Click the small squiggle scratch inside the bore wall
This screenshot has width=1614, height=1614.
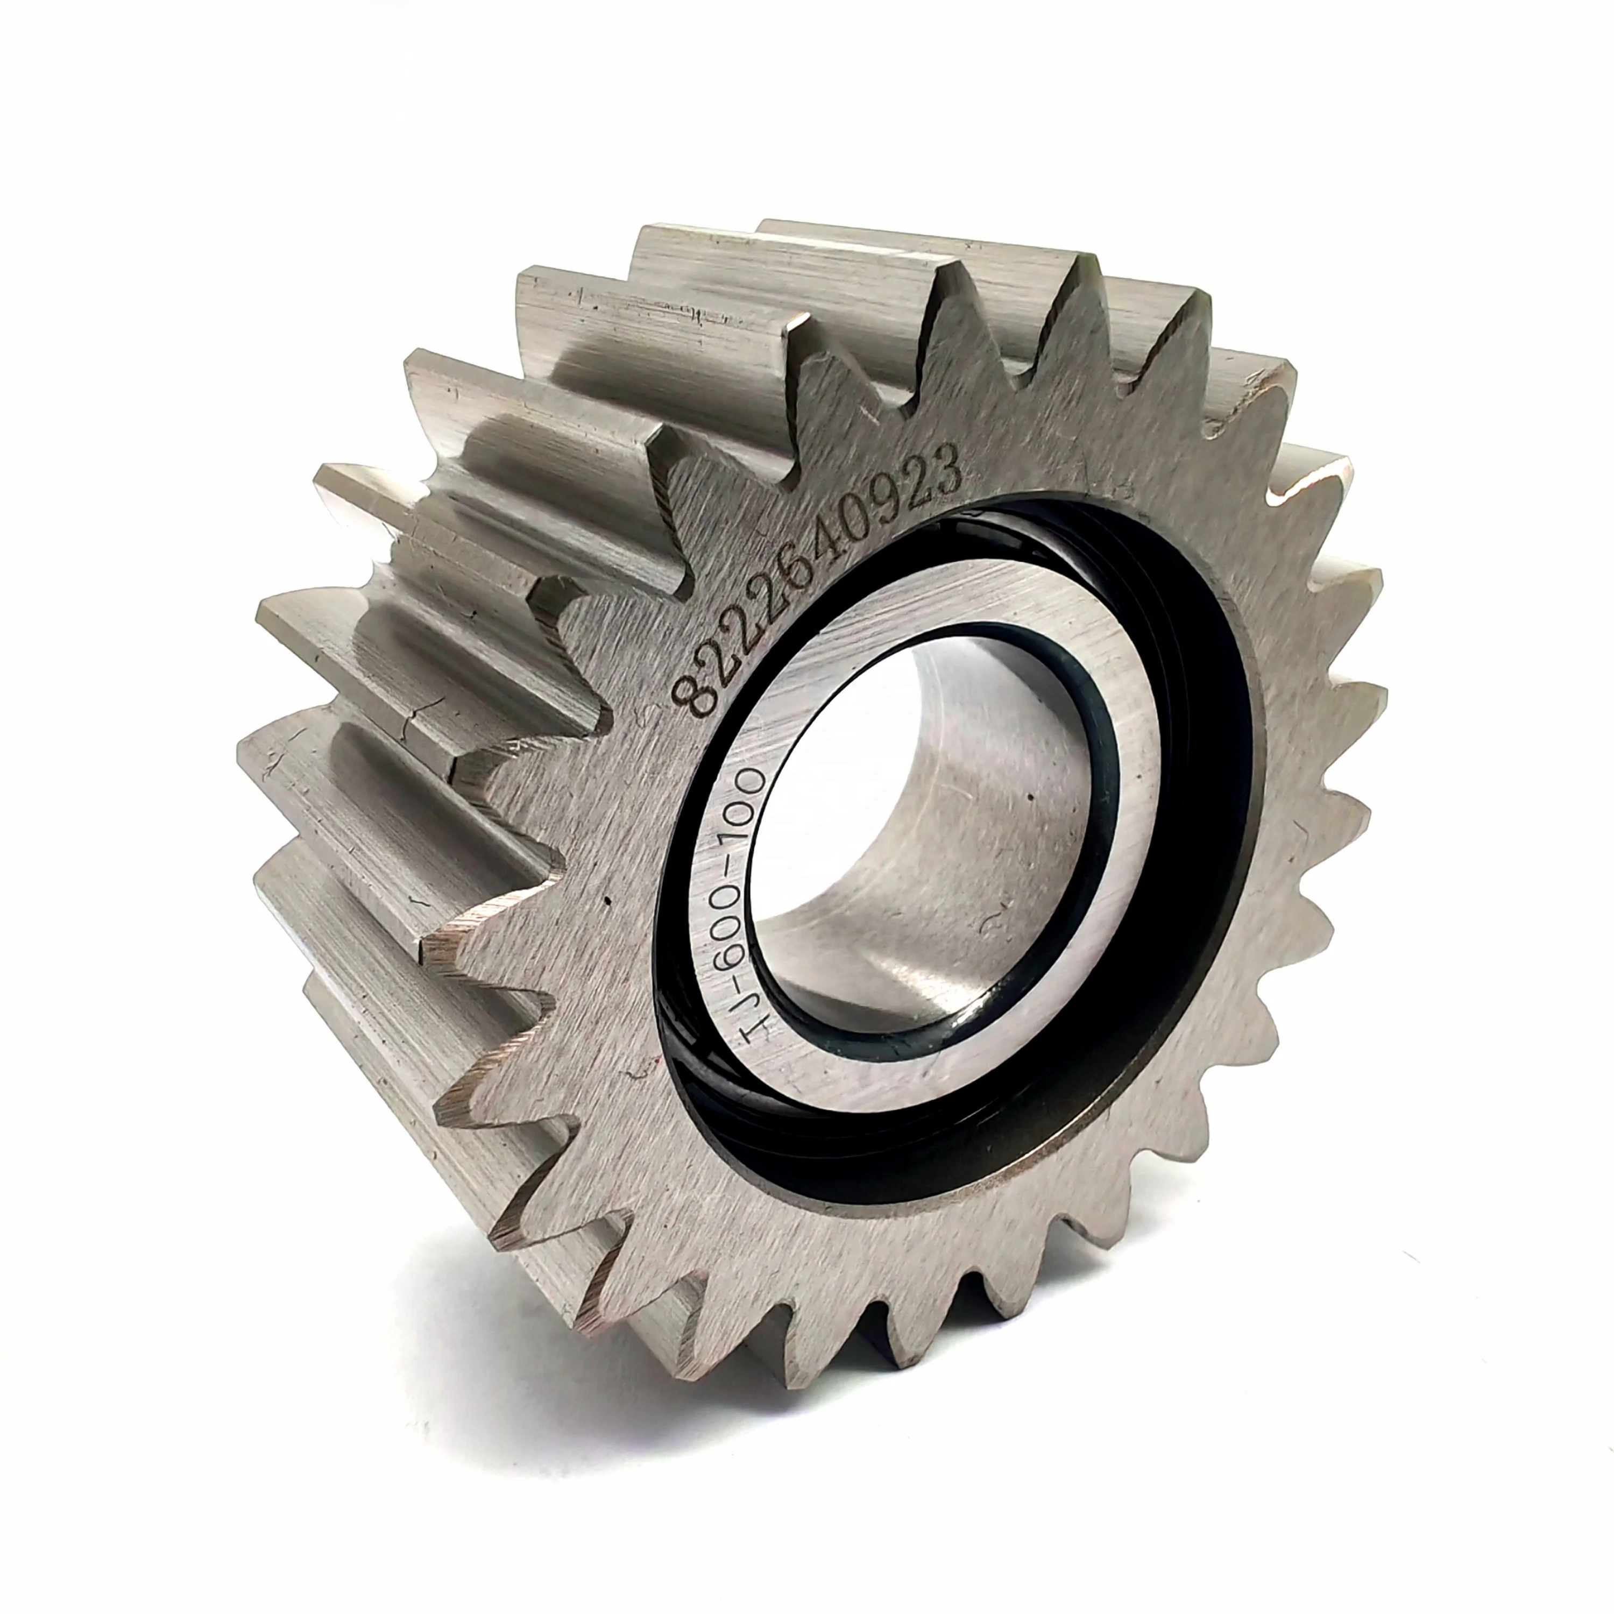click(x=994, y=922)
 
